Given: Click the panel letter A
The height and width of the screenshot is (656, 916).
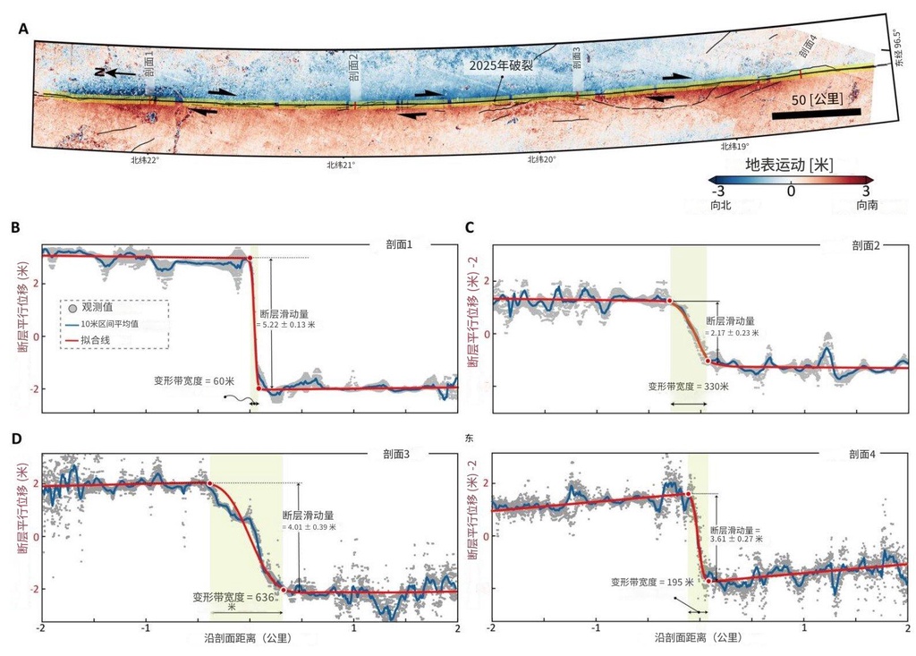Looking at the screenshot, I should [24, 30].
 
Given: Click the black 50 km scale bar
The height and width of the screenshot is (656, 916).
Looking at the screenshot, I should [816, 114].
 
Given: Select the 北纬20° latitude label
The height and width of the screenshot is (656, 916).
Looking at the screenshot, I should [542, 159].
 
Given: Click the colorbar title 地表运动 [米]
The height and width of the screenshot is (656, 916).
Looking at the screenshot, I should [790, 166].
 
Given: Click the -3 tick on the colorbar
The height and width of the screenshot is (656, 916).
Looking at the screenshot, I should [717, 190].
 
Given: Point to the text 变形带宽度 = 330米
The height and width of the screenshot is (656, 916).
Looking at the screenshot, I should [689, 387].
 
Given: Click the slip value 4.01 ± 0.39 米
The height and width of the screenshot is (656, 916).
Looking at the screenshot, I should [310, 527].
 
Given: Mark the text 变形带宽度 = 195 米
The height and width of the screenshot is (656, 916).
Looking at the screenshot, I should [652, 582].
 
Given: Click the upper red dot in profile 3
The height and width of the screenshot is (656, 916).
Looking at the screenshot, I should [210, 483].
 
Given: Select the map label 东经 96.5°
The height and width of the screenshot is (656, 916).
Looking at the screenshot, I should [897, 46].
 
